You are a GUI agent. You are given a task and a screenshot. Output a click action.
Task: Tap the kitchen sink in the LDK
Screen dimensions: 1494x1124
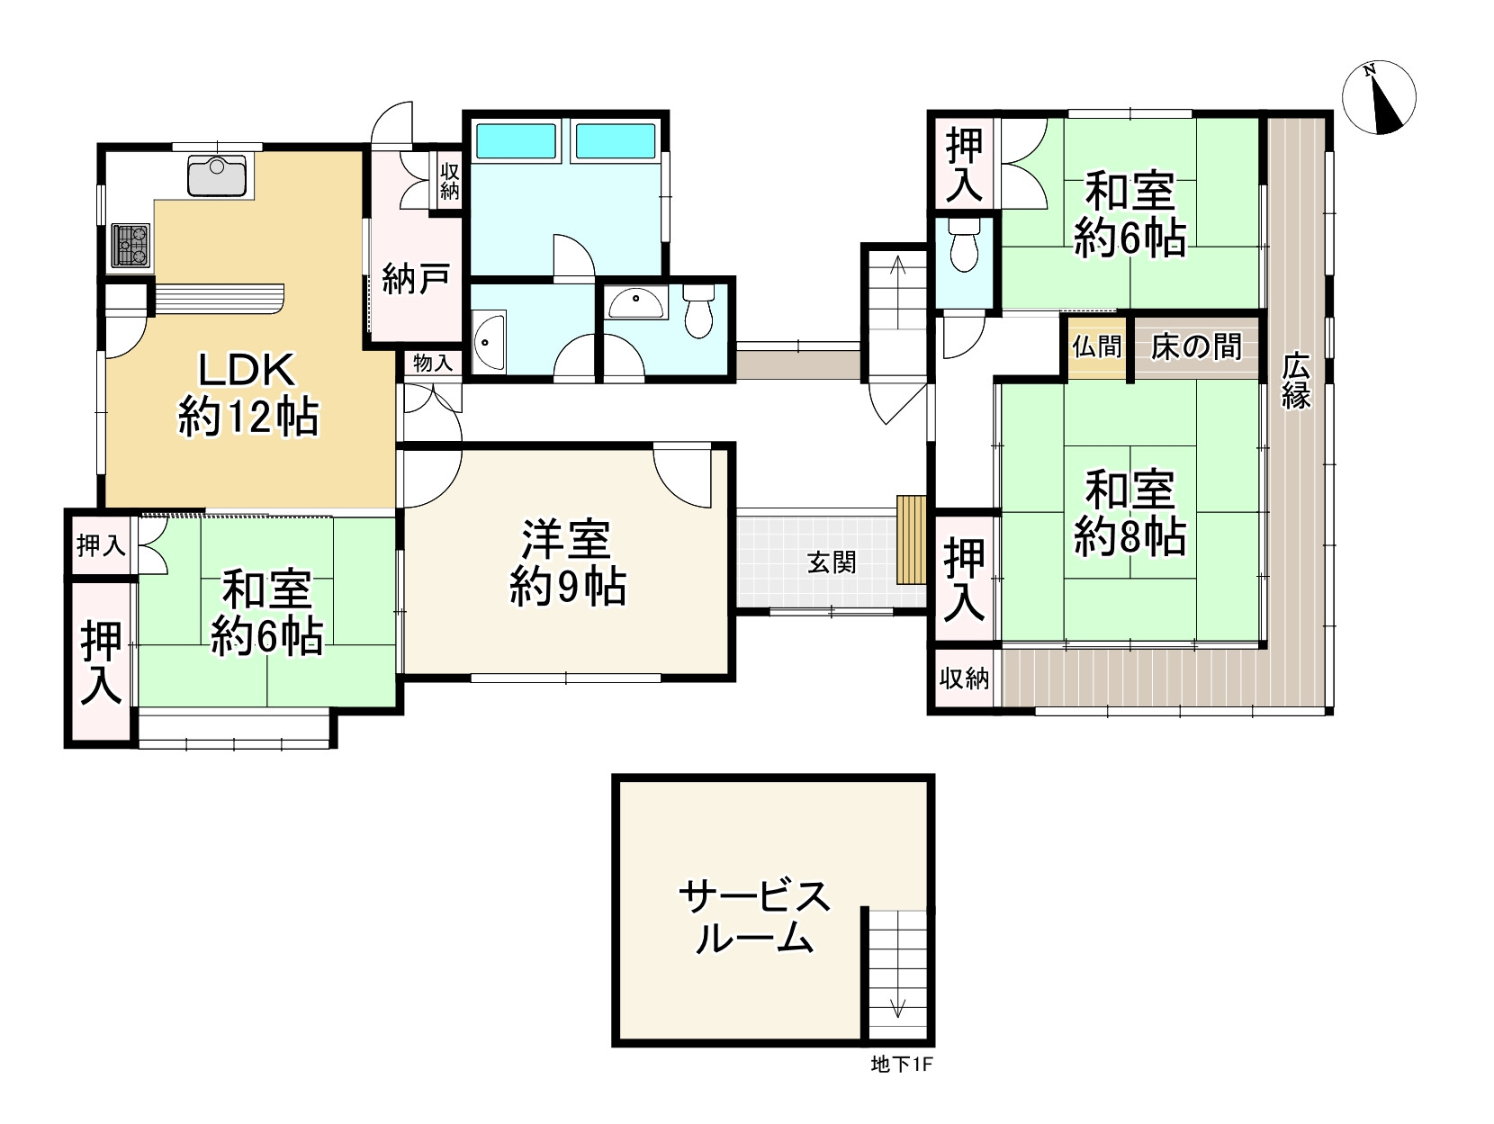point(217,175)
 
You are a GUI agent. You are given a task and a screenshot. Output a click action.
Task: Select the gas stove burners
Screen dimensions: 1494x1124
point(130,245)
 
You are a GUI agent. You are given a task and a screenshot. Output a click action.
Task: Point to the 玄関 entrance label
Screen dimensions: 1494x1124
point(831,562)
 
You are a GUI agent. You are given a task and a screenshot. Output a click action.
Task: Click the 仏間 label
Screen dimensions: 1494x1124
point(1096,347)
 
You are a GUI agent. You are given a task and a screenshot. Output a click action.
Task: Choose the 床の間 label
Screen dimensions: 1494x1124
point(1196,346)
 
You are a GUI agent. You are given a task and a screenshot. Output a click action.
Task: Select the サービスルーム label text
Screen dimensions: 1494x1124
point(755,917)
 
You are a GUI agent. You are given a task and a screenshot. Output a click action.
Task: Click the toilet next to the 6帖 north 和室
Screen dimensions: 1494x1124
point(964,245)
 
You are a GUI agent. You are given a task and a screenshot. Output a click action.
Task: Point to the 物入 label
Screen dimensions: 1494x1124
point(432,364)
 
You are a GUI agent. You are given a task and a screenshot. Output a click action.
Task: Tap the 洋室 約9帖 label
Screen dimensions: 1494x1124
point(567,562)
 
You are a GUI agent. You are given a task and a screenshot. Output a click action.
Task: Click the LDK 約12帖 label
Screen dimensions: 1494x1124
point(247,393)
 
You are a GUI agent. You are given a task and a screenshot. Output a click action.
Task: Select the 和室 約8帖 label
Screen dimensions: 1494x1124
point(1130,512)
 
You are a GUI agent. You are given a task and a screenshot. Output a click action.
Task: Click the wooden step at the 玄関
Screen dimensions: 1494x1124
point(912,540)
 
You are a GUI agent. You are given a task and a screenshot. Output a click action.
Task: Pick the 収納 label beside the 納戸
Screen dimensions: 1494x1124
point(449,181)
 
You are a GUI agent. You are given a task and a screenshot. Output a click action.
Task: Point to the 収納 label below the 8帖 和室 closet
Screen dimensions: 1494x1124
point(964,679)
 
